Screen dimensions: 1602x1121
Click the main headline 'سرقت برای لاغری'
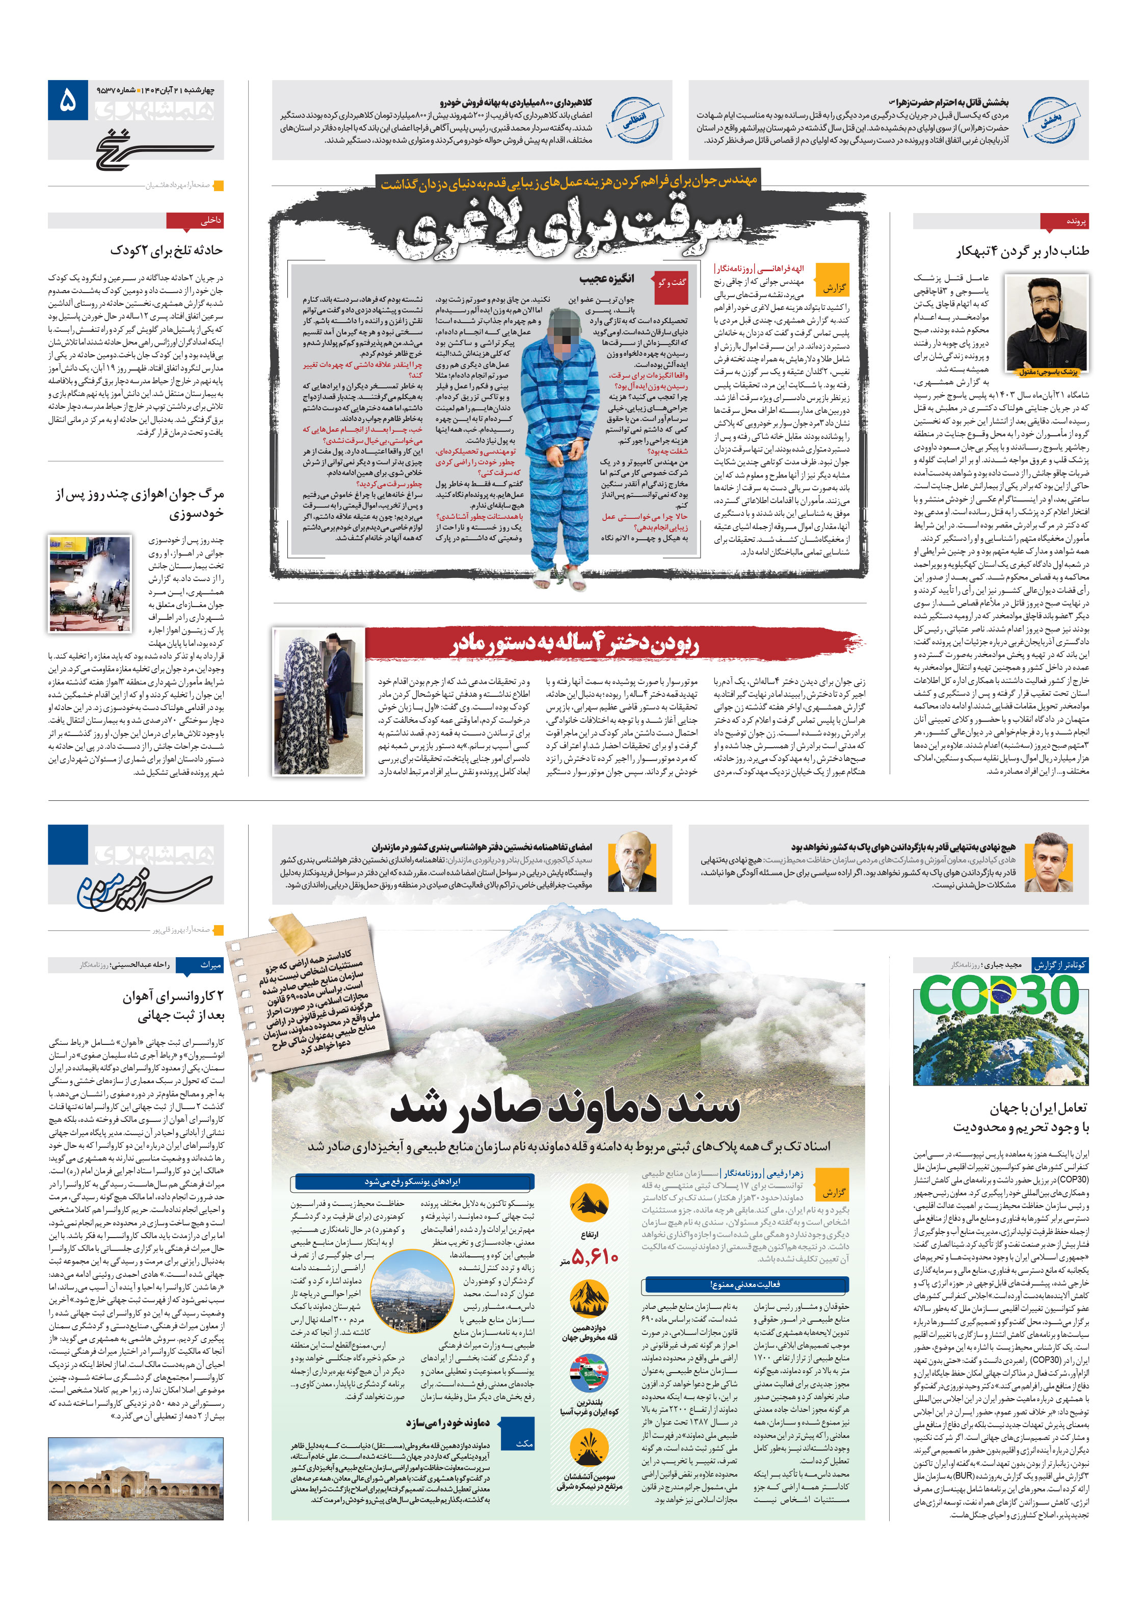pos(569,228)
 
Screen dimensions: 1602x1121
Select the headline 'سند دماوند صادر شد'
pos(565,1106)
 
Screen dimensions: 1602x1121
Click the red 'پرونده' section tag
pos(1063,221)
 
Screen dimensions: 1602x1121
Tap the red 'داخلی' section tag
pos(195,221)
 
